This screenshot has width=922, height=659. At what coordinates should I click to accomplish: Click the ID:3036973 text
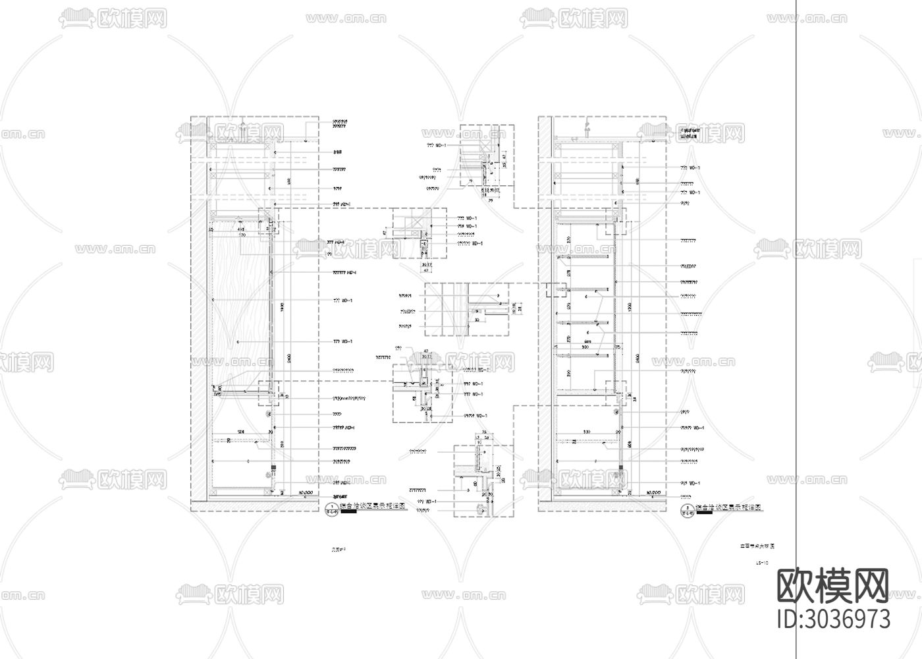click(834, 619)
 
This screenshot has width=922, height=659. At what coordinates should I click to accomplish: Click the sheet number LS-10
click(763, 563)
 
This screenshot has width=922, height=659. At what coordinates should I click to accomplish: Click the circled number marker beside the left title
click(331, 509)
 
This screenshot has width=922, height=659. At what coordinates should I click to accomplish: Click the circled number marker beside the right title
click(688, 509)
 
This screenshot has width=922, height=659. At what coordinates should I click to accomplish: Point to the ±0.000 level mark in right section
click(654, 492)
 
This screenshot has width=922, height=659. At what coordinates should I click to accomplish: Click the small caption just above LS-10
click(757, 546)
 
